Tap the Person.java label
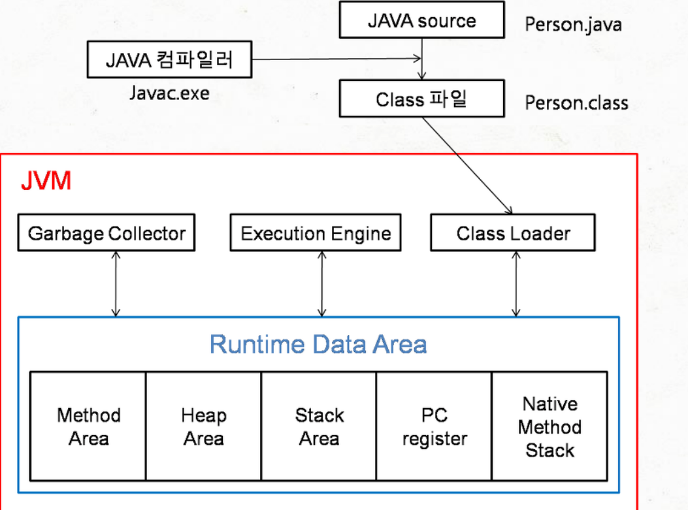pos(573,25)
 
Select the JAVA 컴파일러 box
pos(170,61)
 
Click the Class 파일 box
pos(421,100)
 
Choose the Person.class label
pos(576,103)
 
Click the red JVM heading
pos(46,181)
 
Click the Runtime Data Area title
pos(318,344)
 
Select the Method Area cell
pos(88,426)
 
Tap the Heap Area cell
pos(203,426)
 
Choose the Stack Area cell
pos(319,426)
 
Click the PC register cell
pos(434,426)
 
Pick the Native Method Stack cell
pos(549,426)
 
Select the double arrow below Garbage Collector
pos(116,284)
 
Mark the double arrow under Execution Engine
pos(321,284)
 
